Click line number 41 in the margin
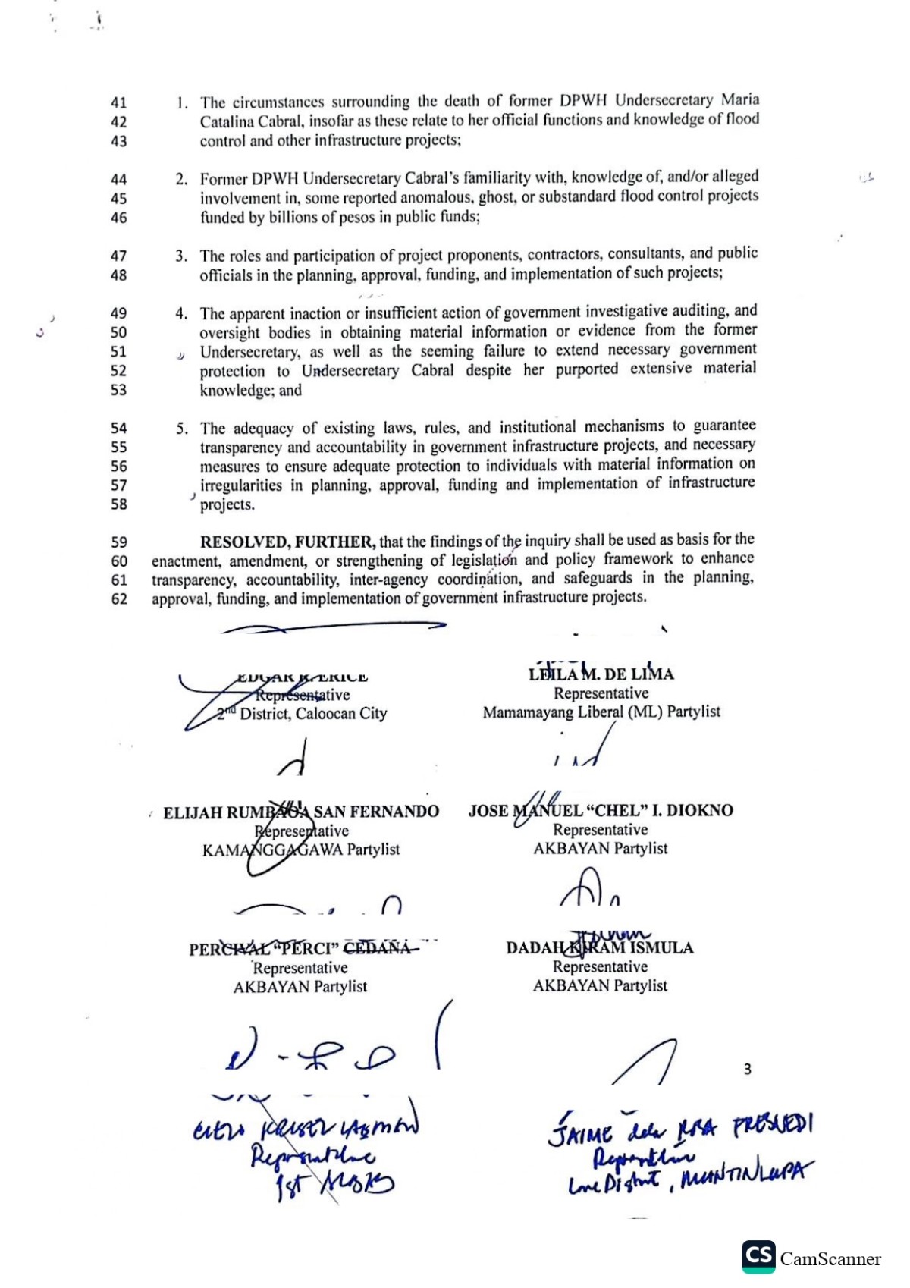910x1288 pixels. [x=119, y=102]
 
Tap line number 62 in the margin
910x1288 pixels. [x=119, y=599]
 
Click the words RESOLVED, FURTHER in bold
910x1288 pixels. [x=287, y=542]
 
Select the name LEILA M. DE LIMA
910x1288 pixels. [x=601, y=674]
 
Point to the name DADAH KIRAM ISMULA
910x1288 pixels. [x=600, y=947]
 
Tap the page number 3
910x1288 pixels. [x=747, y=1069]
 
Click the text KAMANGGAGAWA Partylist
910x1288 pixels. [x=301, y=850]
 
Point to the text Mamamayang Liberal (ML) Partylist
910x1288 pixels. [x=601, y=712]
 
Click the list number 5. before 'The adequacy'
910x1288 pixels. [x=182, y=429]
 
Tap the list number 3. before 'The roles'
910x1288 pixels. [x=182, y=256]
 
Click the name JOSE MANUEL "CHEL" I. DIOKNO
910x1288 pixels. [x=601, y=810]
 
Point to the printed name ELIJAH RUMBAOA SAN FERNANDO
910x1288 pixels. [x=301, y=812]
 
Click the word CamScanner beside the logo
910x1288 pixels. [x=830, y=1259]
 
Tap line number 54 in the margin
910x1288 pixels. [x=119, y=428]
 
